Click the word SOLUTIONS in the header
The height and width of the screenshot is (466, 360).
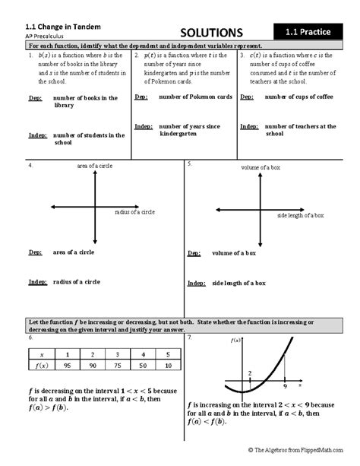[x=211, y=33]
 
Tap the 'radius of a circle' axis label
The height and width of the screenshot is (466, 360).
[x=134, y=212]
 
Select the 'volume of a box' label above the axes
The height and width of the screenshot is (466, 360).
[x=261, y=166]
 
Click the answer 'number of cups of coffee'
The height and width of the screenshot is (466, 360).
[x=300, y=97]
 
